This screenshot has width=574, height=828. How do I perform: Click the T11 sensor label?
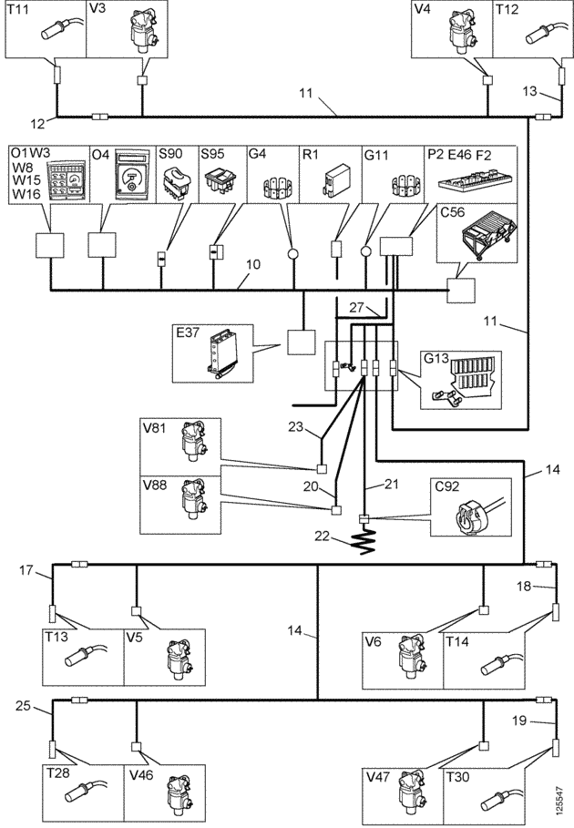[18, 9]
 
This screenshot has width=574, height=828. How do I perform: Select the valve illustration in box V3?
[141, 29]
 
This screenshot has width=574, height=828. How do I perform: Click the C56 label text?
[453, 212]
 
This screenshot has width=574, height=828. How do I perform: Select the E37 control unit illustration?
[220, 353]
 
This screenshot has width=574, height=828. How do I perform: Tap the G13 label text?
[436, 359]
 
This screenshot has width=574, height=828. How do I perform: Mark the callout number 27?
[357, 307]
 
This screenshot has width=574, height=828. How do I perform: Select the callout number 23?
[296, 425]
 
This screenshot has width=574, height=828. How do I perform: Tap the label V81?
[155, 428]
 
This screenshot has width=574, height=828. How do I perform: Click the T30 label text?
[457, 777]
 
